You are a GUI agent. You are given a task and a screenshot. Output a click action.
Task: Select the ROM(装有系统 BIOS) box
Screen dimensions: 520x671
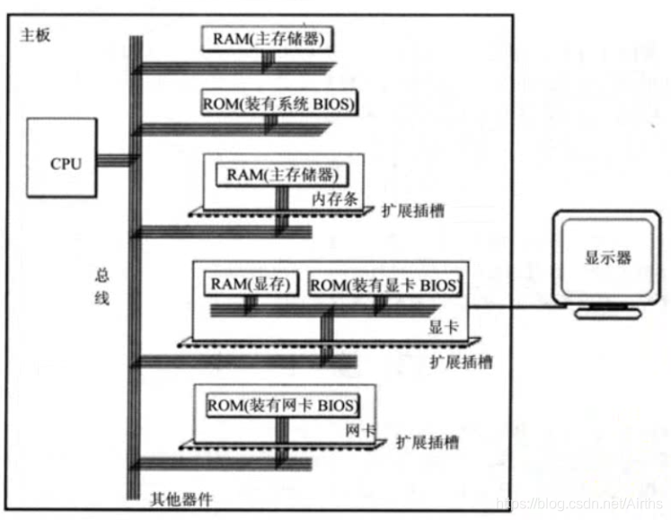pos(280,105)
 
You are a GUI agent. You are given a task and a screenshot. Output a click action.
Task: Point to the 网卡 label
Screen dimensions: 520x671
pos(359,429)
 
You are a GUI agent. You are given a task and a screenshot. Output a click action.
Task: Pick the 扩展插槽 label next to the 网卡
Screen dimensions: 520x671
pos(428,442)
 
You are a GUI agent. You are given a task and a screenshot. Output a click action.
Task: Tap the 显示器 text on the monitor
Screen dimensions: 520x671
pos(608,258)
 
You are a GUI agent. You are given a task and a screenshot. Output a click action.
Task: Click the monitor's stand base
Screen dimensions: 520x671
pos(608,313)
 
